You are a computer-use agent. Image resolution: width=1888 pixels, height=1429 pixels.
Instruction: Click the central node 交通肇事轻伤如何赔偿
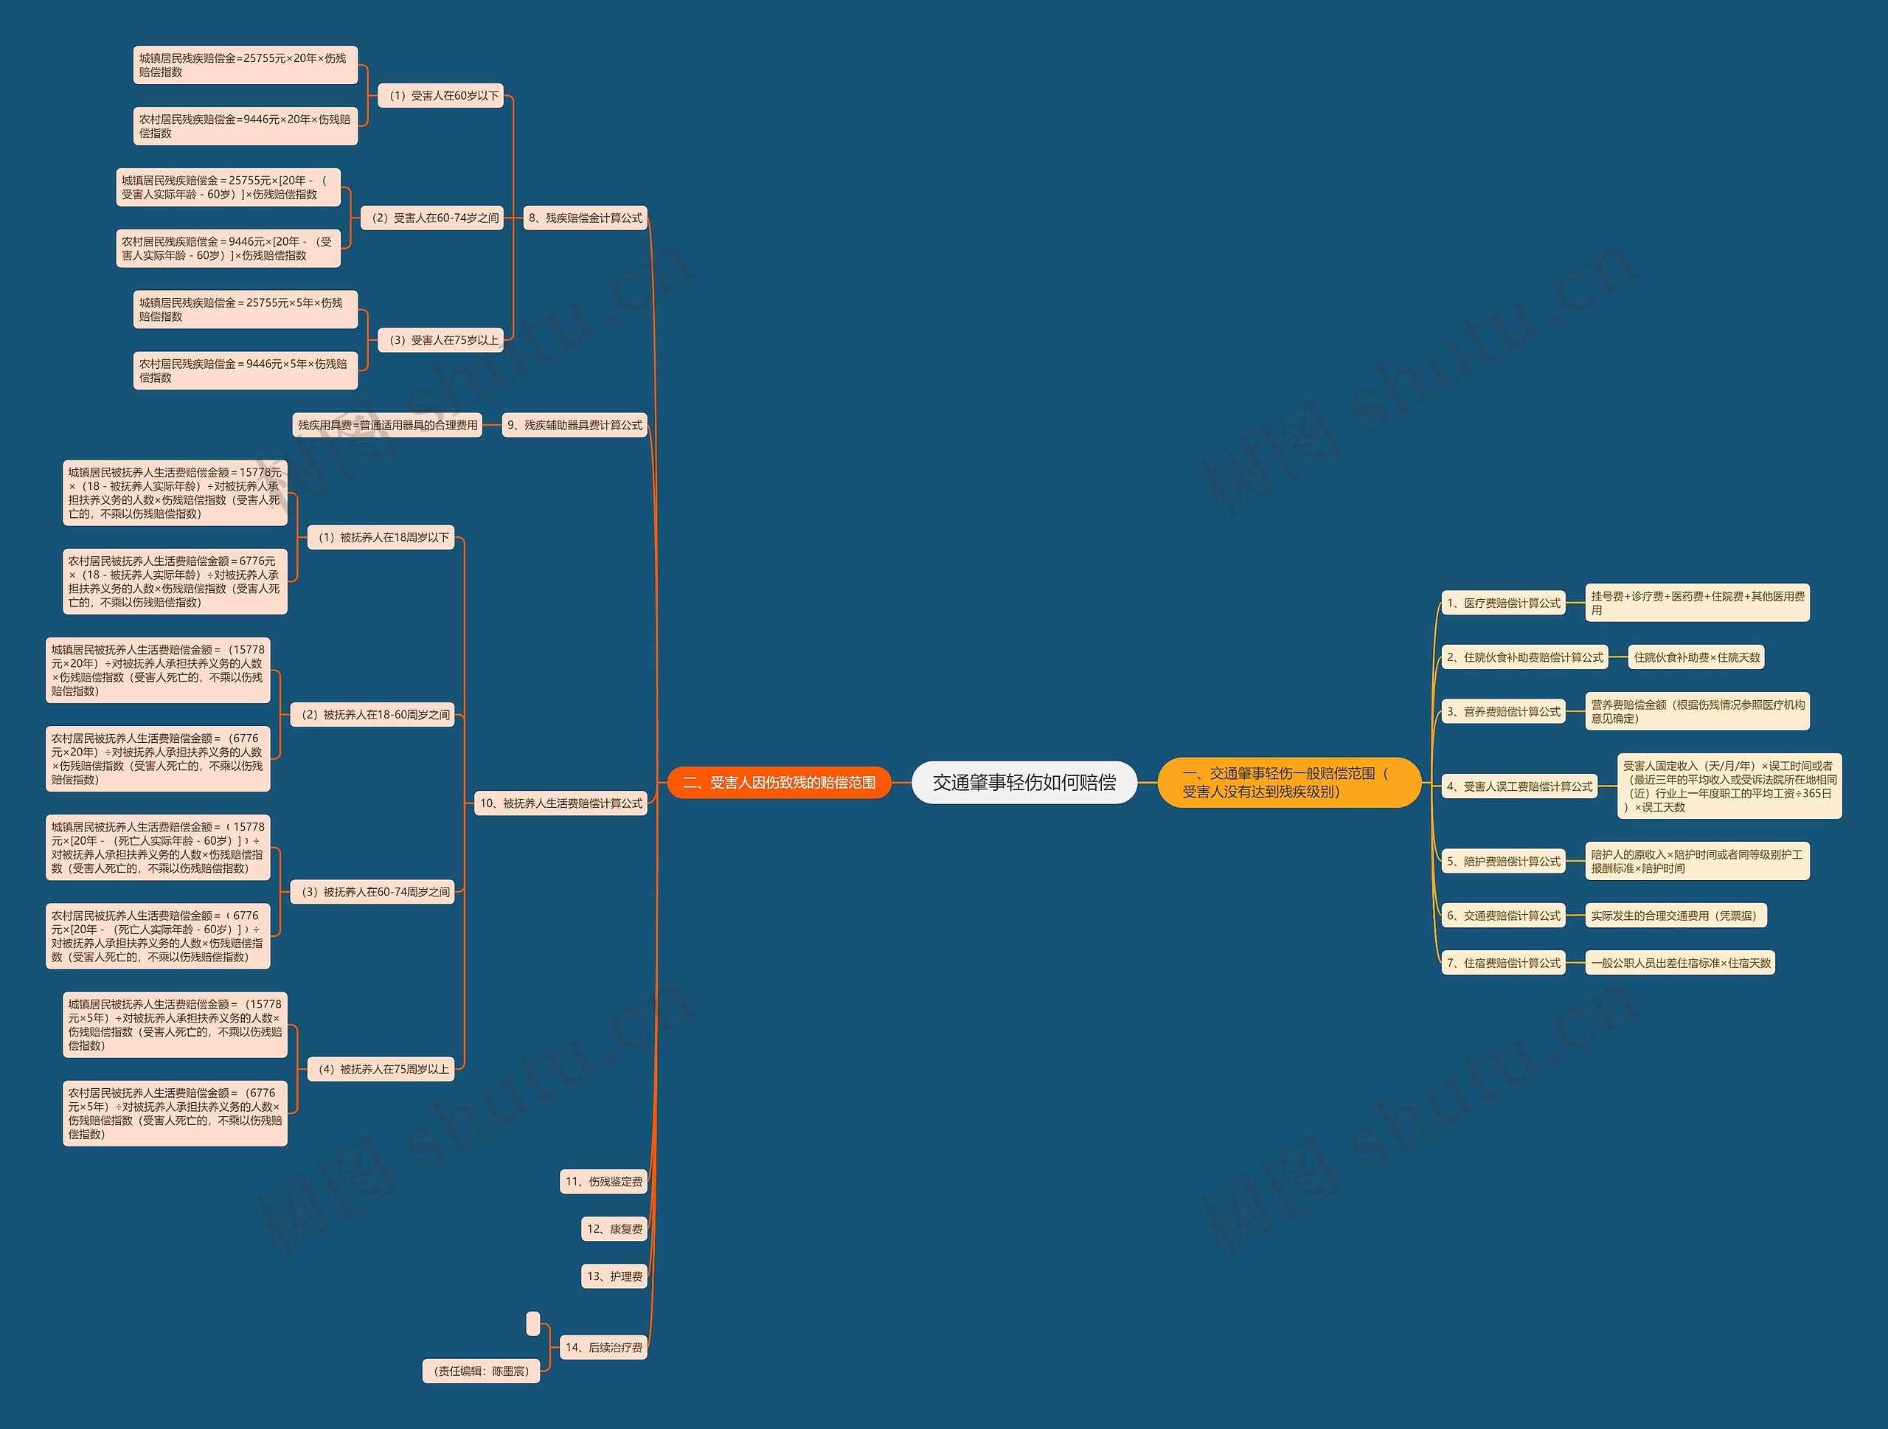click(x=1024, y=783)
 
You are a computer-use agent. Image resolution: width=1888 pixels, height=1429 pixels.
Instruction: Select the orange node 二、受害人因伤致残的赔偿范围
click(x=778, y=783)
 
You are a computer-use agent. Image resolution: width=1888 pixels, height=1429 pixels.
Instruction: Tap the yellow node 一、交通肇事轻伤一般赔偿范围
click(x=1288, y=783)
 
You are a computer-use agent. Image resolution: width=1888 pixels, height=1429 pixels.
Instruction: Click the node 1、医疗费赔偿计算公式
click(x=1503, y=603)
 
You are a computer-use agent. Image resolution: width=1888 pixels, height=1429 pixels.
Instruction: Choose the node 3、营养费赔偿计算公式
click(x=1503, y=712)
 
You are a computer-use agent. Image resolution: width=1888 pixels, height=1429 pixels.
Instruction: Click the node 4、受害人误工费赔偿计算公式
click(x=1519, y=787)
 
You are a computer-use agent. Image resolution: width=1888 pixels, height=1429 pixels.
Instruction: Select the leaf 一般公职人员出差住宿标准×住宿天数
click(x=1680, y=963)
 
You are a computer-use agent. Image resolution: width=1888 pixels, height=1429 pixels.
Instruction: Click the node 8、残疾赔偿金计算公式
click(x=585, y=218)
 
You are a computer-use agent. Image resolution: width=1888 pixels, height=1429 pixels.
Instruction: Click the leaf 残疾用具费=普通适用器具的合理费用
click(x=387, y=425)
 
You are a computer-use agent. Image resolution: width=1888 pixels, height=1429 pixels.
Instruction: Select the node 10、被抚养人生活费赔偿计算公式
click(x=560, y=803)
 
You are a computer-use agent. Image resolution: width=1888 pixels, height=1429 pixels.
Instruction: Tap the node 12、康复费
click(x=614, y=1229)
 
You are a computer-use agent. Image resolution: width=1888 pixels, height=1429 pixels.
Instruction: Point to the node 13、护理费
click(x=614, y=1277)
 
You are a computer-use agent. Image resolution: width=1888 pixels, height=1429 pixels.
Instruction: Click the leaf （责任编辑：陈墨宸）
click(x=482, y=1371)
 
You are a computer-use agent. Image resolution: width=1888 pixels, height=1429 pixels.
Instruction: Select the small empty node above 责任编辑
click(x=533, y=1324)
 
